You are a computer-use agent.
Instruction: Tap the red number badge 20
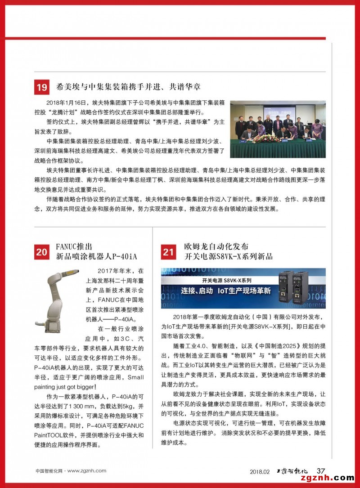pyautogui.click(x=42, y=252)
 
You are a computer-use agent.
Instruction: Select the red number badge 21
pyautogui.click(x=168, y=252)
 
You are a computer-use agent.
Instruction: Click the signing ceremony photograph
pyautogui.click(x=278, y=129)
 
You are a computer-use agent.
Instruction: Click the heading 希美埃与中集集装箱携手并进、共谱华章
pyautogui.click(x=128, y=86)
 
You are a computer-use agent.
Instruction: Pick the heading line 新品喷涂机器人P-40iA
pyautogui.click(x=96, y=257)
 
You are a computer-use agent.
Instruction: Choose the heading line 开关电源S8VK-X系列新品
pyautogui.click(x=229, y=257)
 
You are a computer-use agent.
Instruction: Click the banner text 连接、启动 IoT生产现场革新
pyautogui.click(x=226, y=291)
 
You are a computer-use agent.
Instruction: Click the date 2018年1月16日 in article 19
pyautogui.click(x=67, y=102)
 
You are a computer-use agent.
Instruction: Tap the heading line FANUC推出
pyautogui.click(x=74, y=247)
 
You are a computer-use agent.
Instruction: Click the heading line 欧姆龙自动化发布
pyautogui.click(x=216, y=247)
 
